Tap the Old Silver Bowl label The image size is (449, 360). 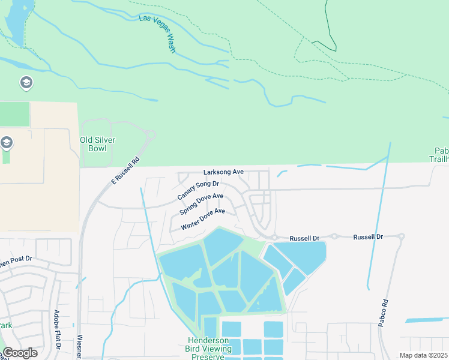tap(97, 144)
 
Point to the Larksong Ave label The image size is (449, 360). tap(223, 172)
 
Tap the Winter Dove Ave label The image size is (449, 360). tap(202, 219)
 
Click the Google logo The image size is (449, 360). tap(20, 353)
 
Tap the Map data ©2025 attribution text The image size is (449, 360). tap(423, 355)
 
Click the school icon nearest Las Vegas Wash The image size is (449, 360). tap(26, 82)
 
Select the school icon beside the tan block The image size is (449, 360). tap(7, 143)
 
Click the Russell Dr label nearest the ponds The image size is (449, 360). tap(304, 238)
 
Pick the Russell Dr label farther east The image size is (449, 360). tap(368, 237)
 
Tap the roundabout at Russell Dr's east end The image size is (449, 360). tap(402, 236)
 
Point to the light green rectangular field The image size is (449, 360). tap(14, 114)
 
